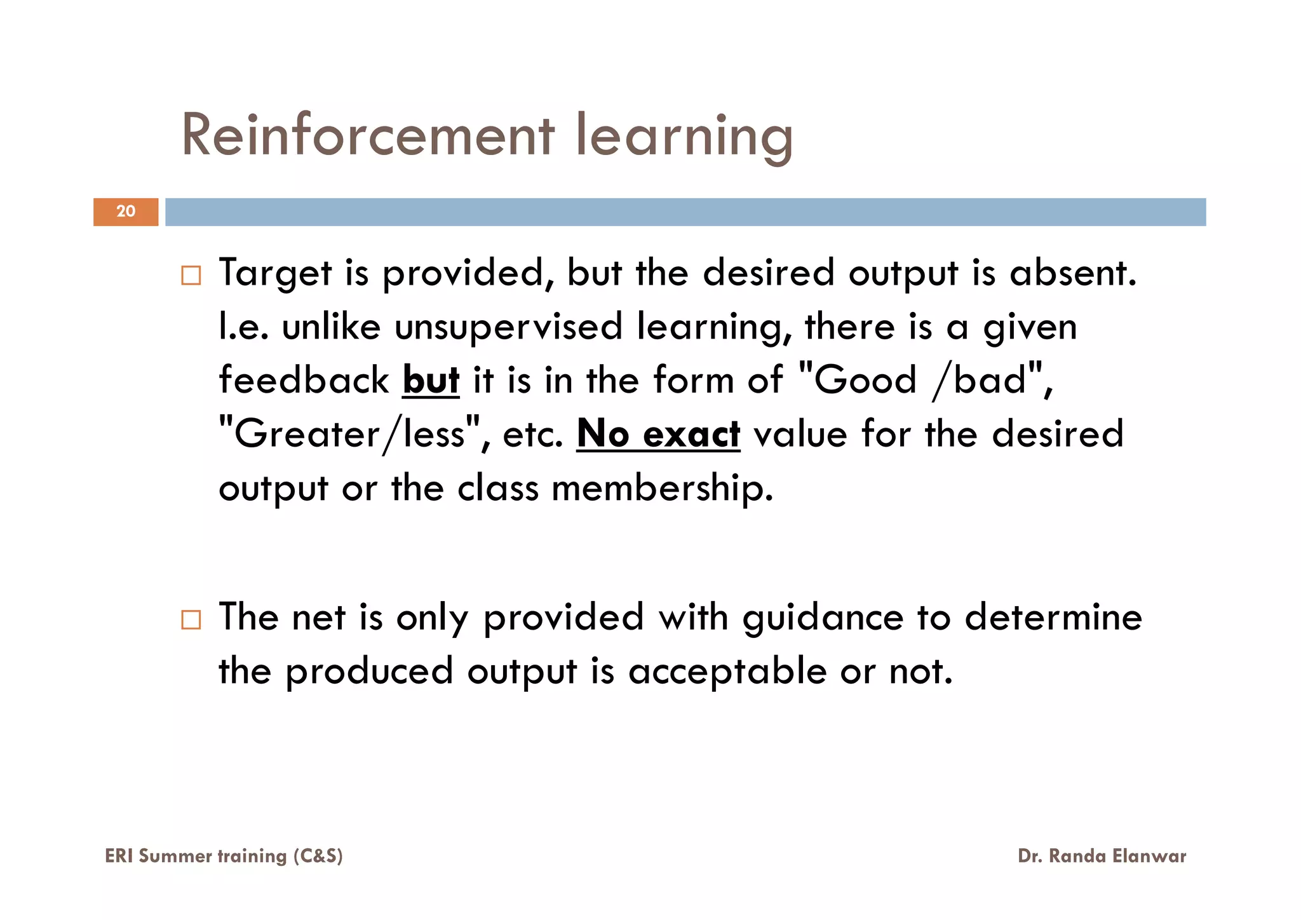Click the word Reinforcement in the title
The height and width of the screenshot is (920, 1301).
click(368, 135)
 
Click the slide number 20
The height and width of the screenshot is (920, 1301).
click(126, 212)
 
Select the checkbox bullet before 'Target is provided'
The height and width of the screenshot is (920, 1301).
click(191, 275)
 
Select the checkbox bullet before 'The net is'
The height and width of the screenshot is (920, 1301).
click(191, 619)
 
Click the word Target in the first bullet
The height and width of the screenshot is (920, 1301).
click(275, 273)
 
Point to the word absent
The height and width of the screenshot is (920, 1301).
click(1072, 273)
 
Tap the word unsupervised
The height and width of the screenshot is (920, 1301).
click(508, 327)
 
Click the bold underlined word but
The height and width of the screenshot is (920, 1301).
click(431, 381)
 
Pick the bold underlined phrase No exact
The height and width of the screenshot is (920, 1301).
click(658, 435)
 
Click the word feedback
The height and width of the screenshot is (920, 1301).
click(304, 381)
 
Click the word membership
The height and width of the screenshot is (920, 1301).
click(662, 489)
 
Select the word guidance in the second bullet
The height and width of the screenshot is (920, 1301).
click(823, 618)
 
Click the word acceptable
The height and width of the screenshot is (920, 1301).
click(727, 672)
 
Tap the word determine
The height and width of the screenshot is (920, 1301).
click(1053, 618)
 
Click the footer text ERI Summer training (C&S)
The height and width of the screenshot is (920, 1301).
click(224, 856)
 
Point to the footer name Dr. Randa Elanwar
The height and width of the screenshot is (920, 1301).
click(1102, 856)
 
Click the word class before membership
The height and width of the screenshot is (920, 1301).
click(498, 489)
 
